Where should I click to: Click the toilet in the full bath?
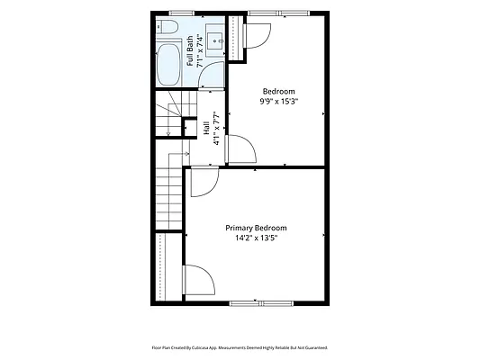pyautogui.click(x=168, y=27)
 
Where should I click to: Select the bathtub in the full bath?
pyautogui.click(x=168, y=65)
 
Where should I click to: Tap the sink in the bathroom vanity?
pyautogui.click(x=215, y=40)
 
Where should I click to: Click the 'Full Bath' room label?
pyautogui.click(x=190, y=51)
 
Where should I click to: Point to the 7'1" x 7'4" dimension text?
pyautogui.click(x=200, y=50)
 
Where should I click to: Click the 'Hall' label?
pyautogui.click(x=206, y=128)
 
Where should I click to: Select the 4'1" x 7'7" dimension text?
pyautogui.click(x=216, y=128)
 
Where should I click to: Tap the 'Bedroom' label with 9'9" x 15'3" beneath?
pyautogui.click(x=279, y=91)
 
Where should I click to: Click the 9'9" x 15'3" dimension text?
pyautogui.click(x=279, y=101)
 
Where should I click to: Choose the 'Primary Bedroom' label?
pyautogui.click(x=256, y=228)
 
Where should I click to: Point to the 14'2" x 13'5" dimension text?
pyautogui.click(x=257, y=238)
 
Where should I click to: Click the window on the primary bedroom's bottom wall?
pyautogui.click(x=261, y=303)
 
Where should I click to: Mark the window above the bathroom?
pyautogui.click(x=182, y=13)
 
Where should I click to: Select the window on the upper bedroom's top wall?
pyautogui.click(x=278, y=13)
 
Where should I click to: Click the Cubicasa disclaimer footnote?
pyautogui.click(x=240, y=347)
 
